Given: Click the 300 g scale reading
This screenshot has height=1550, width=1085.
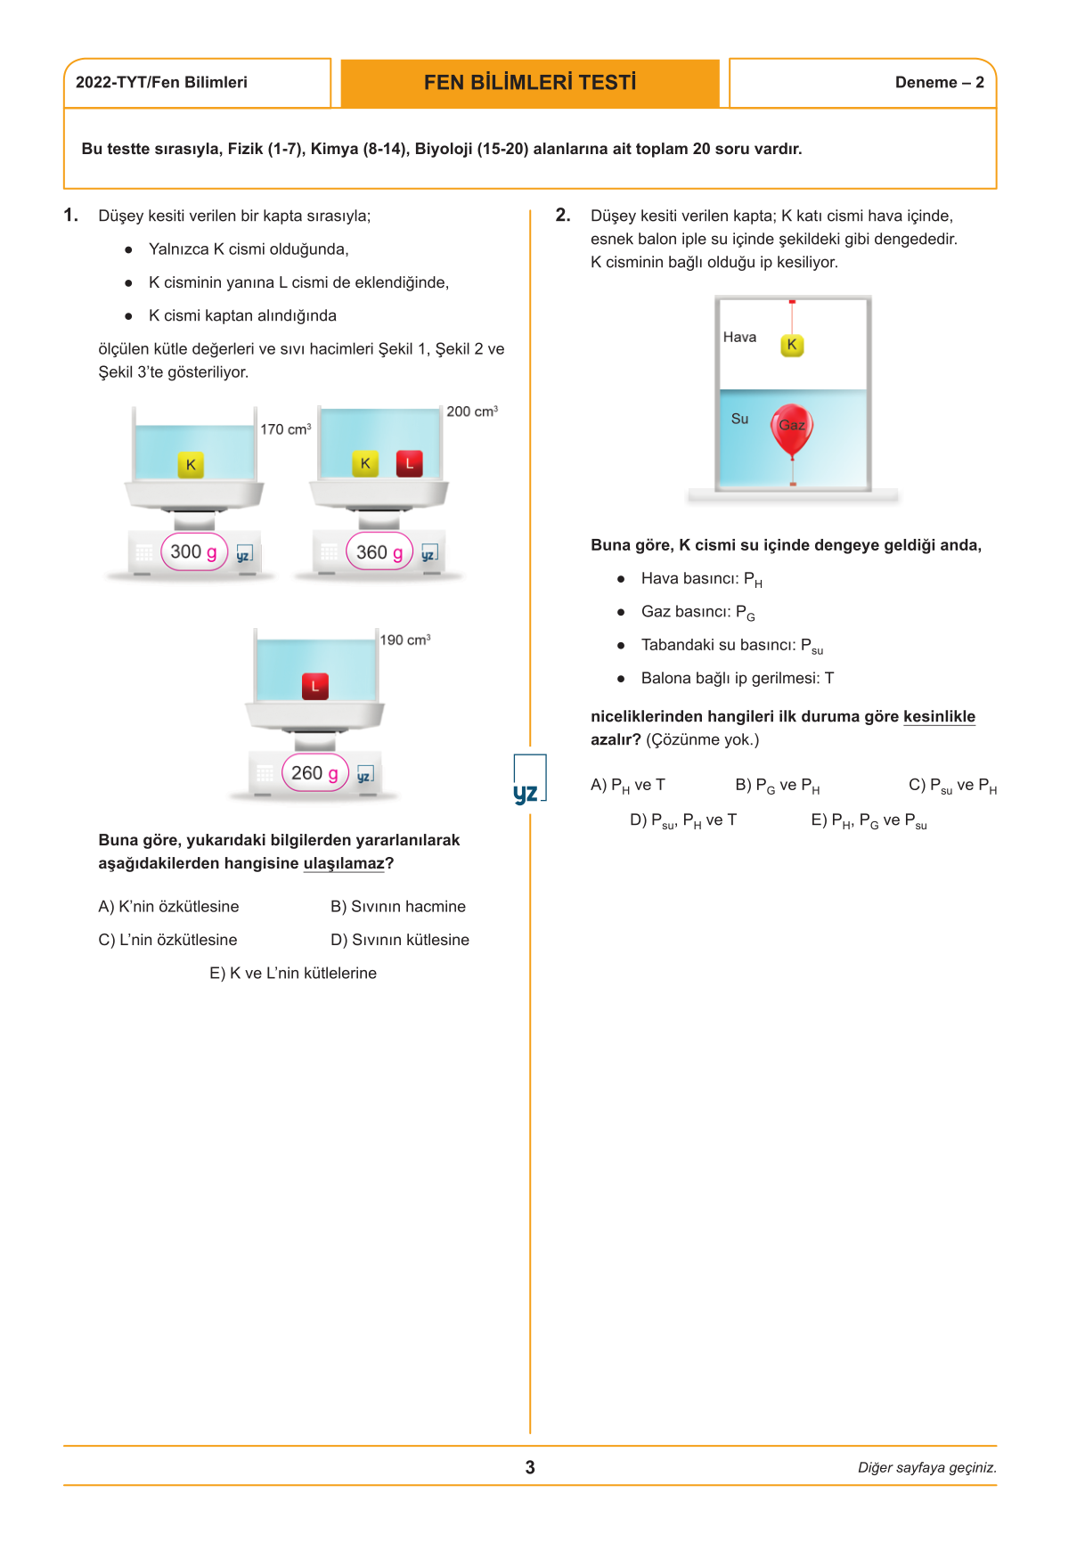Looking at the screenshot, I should [x=194, y=552].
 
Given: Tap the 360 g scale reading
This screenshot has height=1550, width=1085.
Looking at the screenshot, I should [x=379, y=552].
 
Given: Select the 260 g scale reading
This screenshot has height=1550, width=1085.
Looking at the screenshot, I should [x=314, y=773].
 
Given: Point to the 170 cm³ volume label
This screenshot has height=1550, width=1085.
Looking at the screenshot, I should [x=285, y=429].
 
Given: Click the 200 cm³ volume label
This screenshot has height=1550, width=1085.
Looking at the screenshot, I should [x=471, y=412].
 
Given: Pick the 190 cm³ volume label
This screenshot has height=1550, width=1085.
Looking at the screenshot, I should [x=404, y=640].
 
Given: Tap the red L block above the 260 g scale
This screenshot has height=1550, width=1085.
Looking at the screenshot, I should [x=315, y=686].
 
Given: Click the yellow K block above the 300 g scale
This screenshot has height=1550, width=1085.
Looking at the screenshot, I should [x=191, y=465].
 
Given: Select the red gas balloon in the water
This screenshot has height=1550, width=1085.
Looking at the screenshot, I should [x=791, y=428].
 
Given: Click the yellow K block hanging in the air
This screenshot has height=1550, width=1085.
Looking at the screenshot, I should [x=792, y=345].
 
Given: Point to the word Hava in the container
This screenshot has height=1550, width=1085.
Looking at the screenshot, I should [x=739, y=337].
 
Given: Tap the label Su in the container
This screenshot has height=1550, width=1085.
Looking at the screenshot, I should [x=739, y=419].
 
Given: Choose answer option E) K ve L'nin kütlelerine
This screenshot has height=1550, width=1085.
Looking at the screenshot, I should [x=293, y=973].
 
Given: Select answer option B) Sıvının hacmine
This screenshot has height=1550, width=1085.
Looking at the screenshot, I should [x=397, y=906].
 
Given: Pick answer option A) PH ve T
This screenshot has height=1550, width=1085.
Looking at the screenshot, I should [x=627, y=785].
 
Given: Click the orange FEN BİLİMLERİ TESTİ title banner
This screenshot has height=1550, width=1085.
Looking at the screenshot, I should [x=530, y=83].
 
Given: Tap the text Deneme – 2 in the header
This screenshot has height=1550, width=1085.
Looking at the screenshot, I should [x=939, y=83].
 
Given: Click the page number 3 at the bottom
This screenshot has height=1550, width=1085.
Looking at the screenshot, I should [x=530, y=1467].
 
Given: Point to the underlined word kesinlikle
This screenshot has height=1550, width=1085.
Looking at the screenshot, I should [x=939, y=716].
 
